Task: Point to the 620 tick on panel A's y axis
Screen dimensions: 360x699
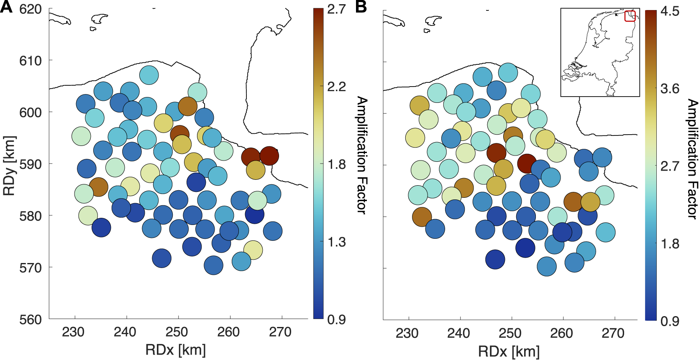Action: pos(31,9)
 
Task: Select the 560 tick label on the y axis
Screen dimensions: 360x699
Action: pos(31,319)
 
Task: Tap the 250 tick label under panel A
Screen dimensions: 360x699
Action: pos(177,332)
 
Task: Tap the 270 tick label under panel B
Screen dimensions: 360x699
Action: pos(613,333)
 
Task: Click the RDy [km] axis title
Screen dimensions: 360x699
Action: pos(9,166)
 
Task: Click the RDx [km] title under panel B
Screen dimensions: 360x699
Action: pos(509,351)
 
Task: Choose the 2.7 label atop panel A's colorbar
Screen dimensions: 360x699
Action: pos(336,9)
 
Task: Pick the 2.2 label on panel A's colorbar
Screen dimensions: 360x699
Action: pos(336,87)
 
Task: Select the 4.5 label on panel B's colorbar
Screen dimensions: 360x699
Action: pos(670,11)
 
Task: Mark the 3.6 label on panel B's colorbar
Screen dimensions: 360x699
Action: pos(670,89)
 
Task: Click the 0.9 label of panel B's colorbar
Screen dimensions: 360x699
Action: pos(670,321)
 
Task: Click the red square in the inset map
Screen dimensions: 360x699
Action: pos(630,16)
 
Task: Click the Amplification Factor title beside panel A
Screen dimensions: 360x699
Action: pos(362,155)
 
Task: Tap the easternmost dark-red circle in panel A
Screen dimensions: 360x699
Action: pos(269,156)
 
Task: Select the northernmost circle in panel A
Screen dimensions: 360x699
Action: pos(149,75)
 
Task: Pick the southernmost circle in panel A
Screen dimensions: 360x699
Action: pos(213,265)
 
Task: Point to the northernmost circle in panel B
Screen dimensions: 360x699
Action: pos(508,72)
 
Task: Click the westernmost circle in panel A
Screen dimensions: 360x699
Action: pos(81,136)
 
